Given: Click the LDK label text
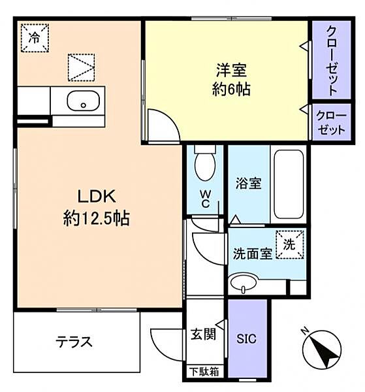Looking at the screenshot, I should (x=97, y=195).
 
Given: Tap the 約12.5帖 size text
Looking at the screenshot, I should (x=97, y=218).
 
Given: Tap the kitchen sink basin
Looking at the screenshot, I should (x=82, y=102).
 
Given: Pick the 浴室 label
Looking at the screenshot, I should (x=249, y=184).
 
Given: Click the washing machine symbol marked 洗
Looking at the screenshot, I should (x=290, y=244).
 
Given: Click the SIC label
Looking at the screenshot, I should (x=247, y=338).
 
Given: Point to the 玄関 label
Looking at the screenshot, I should (x=203, y=335).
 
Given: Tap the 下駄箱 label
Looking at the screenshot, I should (x=203, y=372).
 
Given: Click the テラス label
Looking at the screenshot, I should (x=73, y=341).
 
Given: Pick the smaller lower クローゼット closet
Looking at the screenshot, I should (x=330, y=122).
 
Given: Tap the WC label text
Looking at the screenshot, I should (x=204, y=198).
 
